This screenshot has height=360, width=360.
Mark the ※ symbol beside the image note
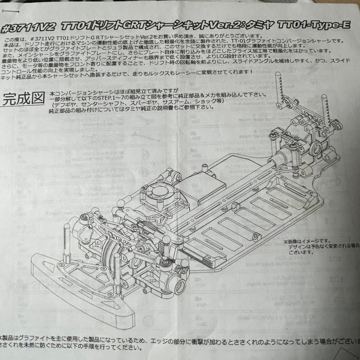click(x=286, y=241)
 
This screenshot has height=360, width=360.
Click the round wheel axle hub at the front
click(x=178, y=285)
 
